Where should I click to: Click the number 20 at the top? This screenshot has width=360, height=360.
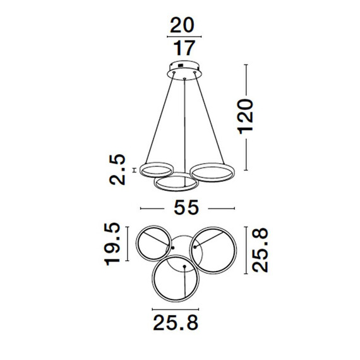click(183, 26)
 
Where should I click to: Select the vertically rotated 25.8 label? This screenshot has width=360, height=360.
click(260, 250)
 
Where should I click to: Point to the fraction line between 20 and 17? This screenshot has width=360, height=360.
click(183, 38)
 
